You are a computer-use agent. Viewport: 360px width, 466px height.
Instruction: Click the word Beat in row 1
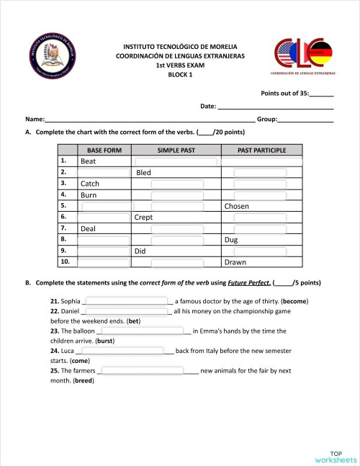click(x=89, y=161)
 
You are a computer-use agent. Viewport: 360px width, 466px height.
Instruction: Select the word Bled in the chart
click(x=143, y=173)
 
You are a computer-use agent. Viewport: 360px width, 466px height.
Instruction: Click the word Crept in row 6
click(x=143, y=218)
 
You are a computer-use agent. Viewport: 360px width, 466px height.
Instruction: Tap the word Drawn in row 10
click(x=235, y=263)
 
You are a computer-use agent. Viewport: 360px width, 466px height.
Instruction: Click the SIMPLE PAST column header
click(x=176, y=150)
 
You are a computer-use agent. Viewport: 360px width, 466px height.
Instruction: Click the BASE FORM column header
click(x=104, y=150)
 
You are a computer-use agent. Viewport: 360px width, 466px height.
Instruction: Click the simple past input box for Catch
click(x=176, y=184)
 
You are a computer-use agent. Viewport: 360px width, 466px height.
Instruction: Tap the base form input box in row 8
click(x=104, y=240)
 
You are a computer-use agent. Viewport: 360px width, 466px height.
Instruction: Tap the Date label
click(x=208, y=107)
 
